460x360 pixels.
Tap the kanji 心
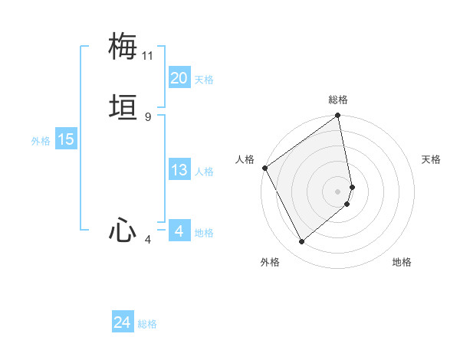[123, 231]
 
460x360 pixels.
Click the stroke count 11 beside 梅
[148, 56]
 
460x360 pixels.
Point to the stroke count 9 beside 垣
[148, 117]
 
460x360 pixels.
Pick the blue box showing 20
[179, 78]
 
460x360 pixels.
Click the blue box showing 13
[179, 170]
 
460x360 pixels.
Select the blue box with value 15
[66, 139]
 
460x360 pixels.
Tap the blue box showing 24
[123, 322]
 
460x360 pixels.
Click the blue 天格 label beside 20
[204, 80]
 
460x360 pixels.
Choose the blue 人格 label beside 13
[204, 172]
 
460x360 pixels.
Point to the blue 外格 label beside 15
[41, 141]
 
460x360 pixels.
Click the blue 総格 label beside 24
[147, 324]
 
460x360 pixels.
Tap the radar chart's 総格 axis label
[338, 100]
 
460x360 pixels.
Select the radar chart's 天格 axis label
[431, 159]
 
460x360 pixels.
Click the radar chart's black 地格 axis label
[402, 262]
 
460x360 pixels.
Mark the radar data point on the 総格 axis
[338, 117]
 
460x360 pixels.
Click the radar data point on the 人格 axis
[264, 168]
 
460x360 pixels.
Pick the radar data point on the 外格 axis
[301, 241]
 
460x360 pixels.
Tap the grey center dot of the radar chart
[338, 191]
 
